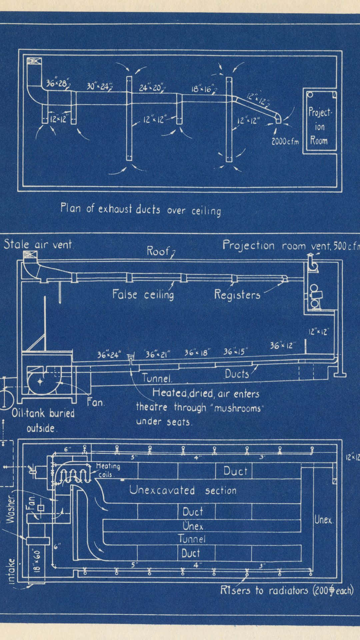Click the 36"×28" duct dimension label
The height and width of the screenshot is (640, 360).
(x=57, y=83)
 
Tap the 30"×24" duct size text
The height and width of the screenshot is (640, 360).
(x=98, y=87)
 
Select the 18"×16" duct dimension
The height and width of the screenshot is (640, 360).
(x=203, y=89)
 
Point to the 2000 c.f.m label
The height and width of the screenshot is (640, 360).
(x=285, y=141)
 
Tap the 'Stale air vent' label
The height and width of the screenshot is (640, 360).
(x=38, y=245)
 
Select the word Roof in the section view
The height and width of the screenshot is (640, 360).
(x=158, y=251)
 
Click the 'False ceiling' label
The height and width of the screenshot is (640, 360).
(x=143, y=294)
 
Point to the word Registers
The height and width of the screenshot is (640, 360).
(x=237, y=295)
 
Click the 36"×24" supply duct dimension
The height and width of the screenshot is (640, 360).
(x=109, y=355)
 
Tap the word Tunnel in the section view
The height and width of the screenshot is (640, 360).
(x=157, y=378)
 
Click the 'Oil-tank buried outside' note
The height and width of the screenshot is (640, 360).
(x=43, y=421)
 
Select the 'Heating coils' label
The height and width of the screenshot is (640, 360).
(x=107, y=470)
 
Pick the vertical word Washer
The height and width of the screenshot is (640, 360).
(x=11, y=510)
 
